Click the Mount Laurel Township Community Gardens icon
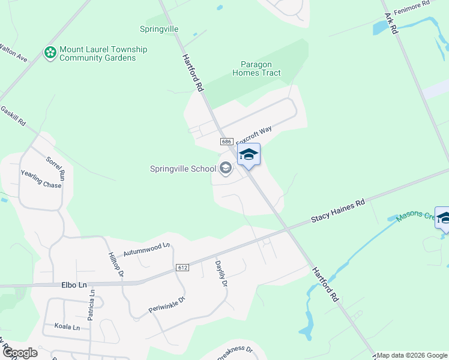pos(51,53)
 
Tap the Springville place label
pos(160,28)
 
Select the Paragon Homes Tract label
pos(261,68)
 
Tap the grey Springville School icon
pos(226,169)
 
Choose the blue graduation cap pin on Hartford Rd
pos(249,155)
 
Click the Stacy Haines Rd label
pos(337,212)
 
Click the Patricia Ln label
pos(92,305)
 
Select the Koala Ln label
pos(68,327)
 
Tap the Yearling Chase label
pos(41,179)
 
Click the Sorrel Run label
pos(55,168)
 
